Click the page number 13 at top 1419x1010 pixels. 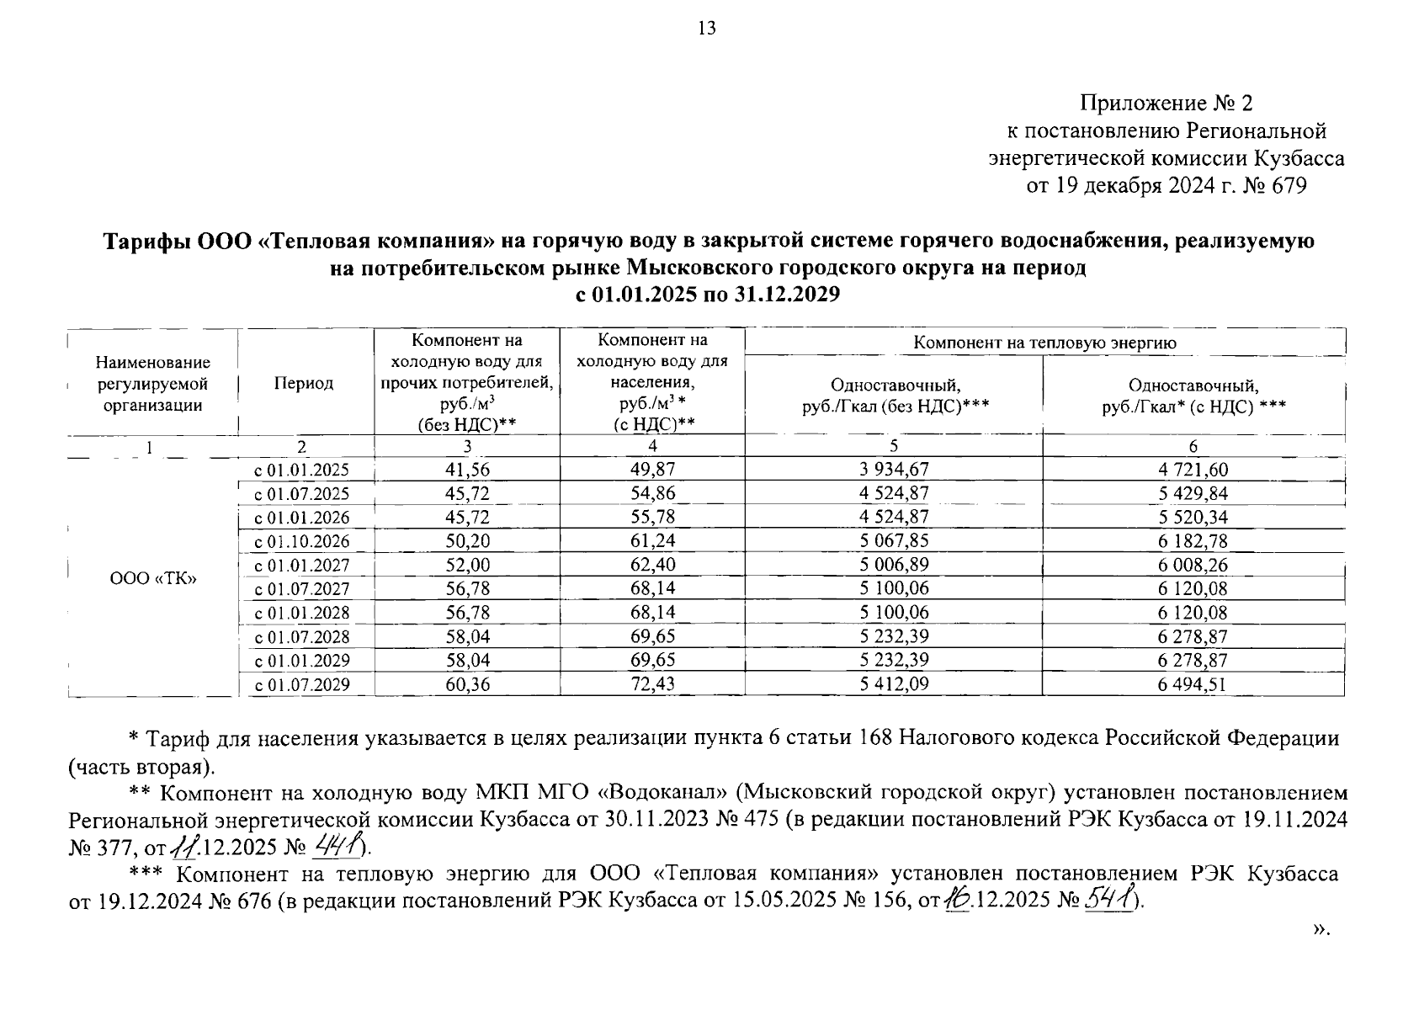(x=707, y=29)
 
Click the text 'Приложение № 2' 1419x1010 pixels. (x=1167, y=104)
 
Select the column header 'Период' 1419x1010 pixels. (x=304, y=384)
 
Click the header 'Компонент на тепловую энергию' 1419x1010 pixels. (x=1044, y=343)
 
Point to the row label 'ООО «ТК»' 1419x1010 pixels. (x=153, y=578)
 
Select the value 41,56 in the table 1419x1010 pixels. (x=467, y=470)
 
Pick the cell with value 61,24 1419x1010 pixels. (x=652, y=541)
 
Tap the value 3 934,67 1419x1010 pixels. (x=894, y=470)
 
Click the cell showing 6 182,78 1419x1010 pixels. (x=1193, y=541)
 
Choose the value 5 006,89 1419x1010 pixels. (x=894, y=565)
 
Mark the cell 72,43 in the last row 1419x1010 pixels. (x=652, y=684)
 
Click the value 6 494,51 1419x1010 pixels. (x=1193, y=684)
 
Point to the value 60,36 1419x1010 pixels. (x=467, y=684)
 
